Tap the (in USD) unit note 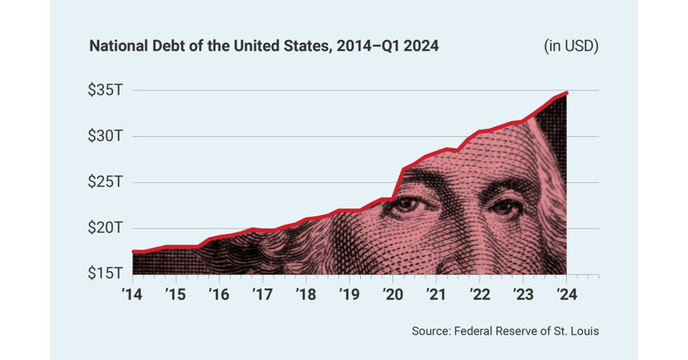click(571, 47)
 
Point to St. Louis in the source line click(577, 331)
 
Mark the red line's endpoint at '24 click(566, 93)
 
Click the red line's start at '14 click(133, 251)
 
